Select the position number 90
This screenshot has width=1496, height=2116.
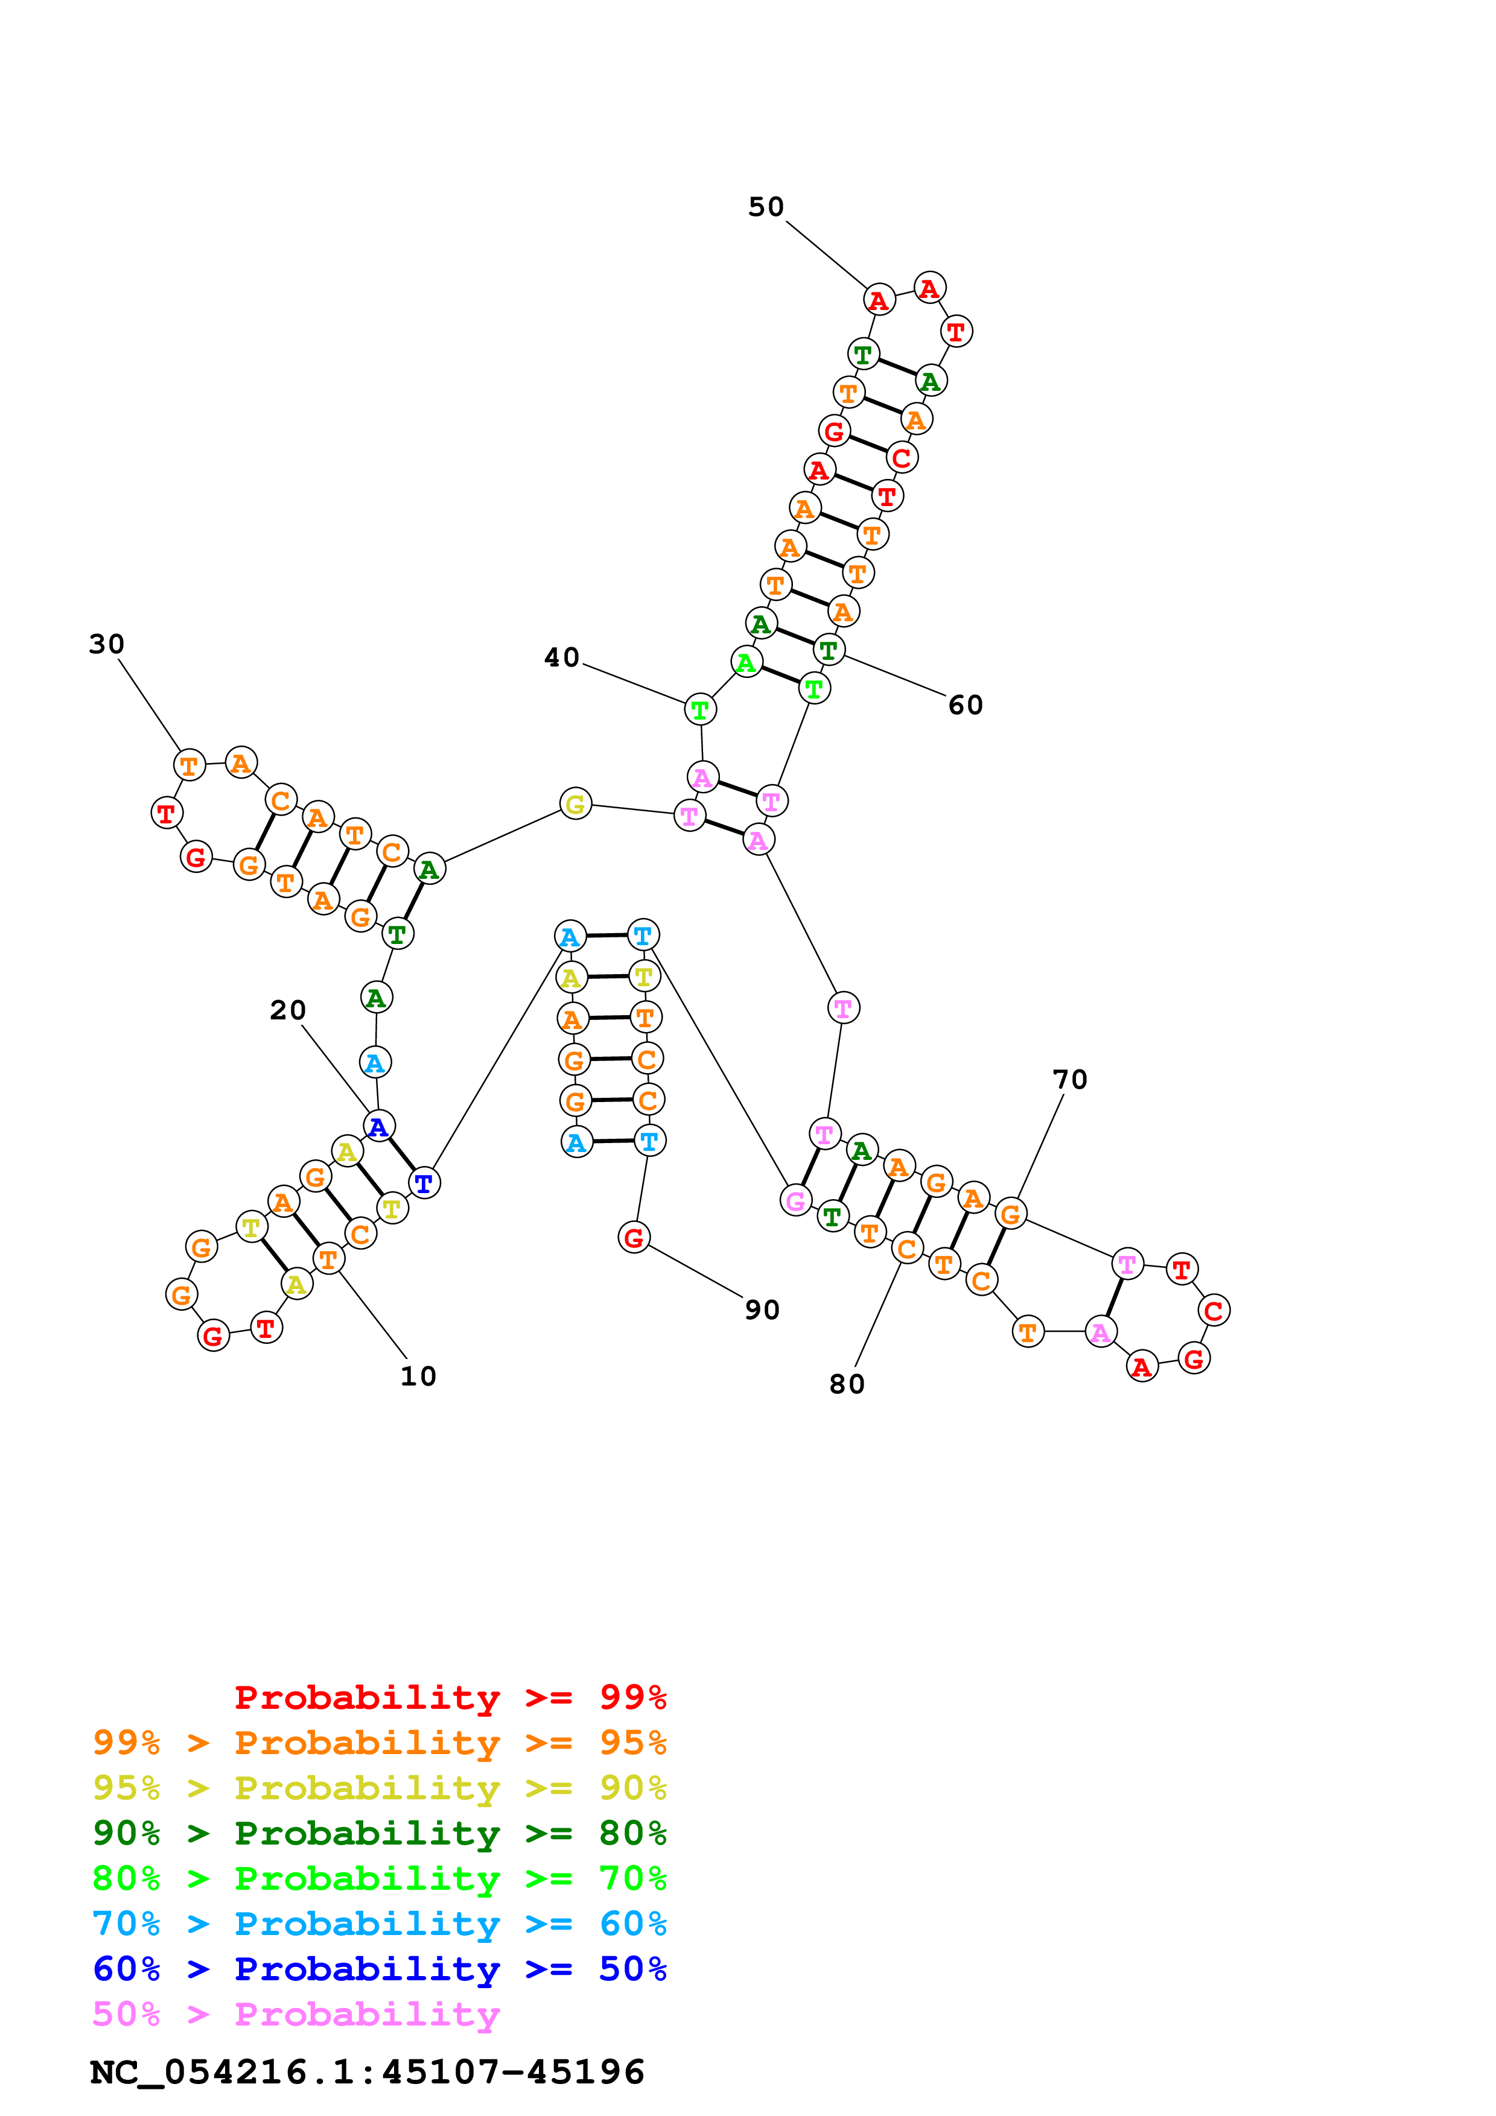pyautogui.click(x=762, y=1309)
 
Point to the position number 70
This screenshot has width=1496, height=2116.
pyautogui.click(x=1069, y=1079)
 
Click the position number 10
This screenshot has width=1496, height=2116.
pyautogui.click(x=418, y=1376)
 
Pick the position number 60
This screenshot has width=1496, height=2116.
pyautogui.click(x=965, y=705)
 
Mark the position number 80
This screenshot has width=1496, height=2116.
pyautogui.click(x=846, y=1384)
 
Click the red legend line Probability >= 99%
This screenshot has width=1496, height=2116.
pyautogui.click(x=450, y=1697)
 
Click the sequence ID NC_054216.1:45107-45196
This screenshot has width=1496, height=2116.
pyautogui.click(x=367, y=2071)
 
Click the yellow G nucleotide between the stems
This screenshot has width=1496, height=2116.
pyautogui.click(x=575, y=803)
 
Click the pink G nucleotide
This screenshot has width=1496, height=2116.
pyautogui.click(x=795, y=1200)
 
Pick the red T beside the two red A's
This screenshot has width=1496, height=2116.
pyautogui.click(x=956, y=331)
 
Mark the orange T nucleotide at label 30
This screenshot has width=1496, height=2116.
pyautogui.click(x=189, y=765)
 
